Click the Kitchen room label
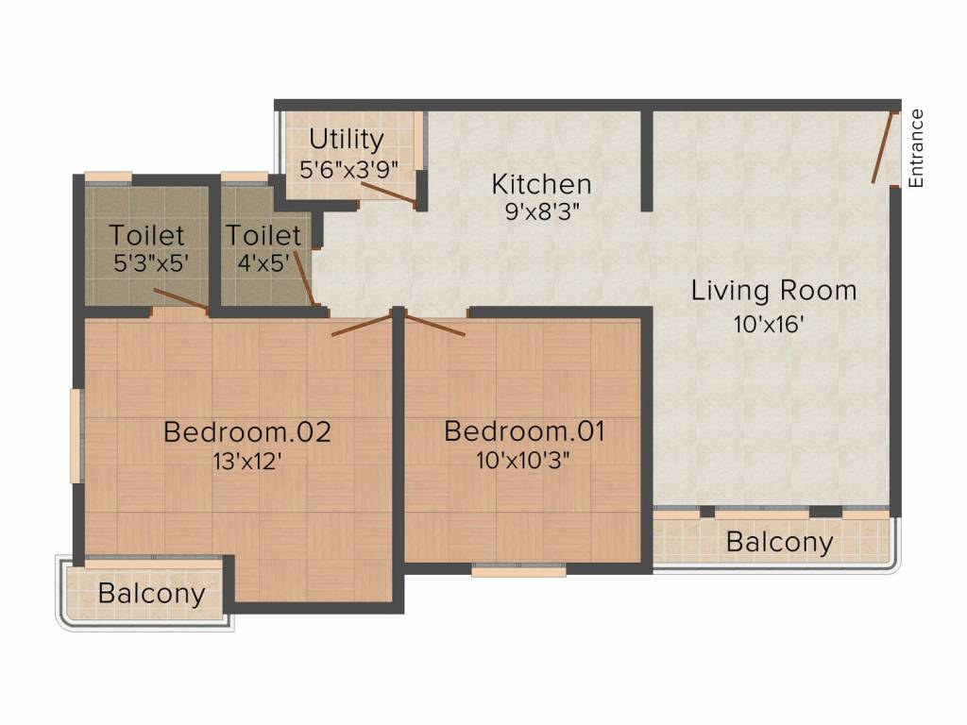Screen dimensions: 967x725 pyautogui.click(x=541, y=184)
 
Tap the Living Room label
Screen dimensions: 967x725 pyautogui.click(x=773, y=291)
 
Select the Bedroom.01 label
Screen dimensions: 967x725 pyautogui.click(x=524, y=430)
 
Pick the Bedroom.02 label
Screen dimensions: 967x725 pyautogui.click(x=246, y=431)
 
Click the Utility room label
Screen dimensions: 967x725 pyautogui.click(x=347, y=140)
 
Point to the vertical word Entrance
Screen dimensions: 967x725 pyautogui.click(x=916, y=148)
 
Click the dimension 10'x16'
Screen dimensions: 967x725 pyautogui.click(x=769, y=324)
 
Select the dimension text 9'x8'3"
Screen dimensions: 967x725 pyautogui.click(x=543, y=211)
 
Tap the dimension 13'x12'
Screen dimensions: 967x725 pyautogui.click(x=247, y=460)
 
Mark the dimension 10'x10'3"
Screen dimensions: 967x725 pyautogui.click(x=523, y=460)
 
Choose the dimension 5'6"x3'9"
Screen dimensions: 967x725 pyautogui.click(x=348, y=169)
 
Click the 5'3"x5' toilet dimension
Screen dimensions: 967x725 pyautogui.click(x=150, y=262)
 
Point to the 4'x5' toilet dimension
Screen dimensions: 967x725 pyautogui.click(x=263, y=262)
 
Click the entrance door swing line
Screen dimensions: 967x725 pyautogui.click(x=883, y=147)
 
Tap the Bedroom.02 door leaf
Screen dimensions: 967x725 pyautogui.click(x=362, y=325)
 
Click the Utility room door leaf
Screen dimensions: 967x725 pyautogui.click(x=388, y=193)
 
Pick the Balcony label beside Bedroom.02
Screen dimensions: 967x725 pyautogui.click(x=152, y=594)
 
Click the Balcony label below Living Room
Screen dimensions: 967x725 pyautogui.click(x=779, y=542)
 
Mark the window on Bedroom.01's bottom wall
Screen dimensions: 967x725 pyautogui.click(x=518, y=570)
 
